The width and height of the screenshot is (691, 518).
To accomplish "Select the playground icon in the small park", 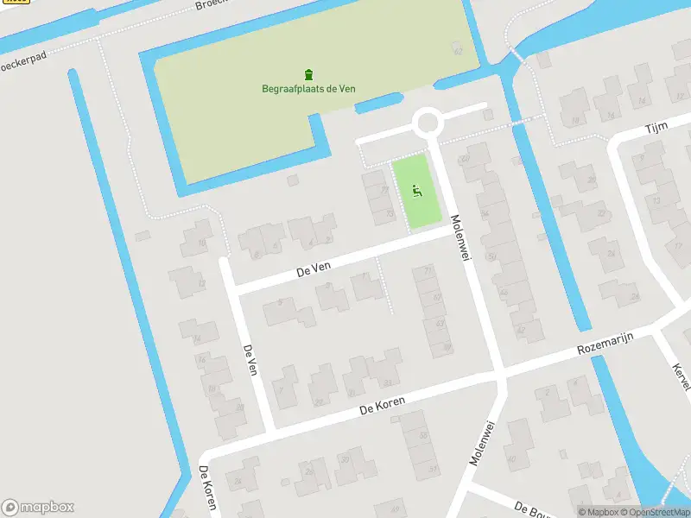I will tap(416, 191).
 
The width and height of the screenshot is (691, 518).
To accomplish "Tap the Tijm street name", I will tap(656, 128).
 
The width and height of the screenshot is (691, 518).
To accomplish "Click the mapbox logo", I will tap(37, 508).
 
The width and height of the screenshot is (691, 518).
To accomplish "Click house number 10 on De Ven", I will tap(202, 244).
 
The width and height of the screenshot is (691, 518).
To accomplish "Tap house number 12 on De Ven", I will tap(201, 282).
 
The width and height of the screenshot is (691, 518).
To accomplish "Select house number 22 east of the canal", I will tap(601, 213).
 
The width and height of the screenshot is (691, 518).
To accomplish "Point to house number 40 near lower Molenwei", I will tap(511, 458).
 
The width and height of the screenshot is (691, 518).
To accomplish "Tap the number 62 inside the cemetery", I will tap(458, 52).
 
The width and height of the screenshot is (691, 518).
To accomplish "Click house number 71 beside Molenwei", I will tap(428, 271).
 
